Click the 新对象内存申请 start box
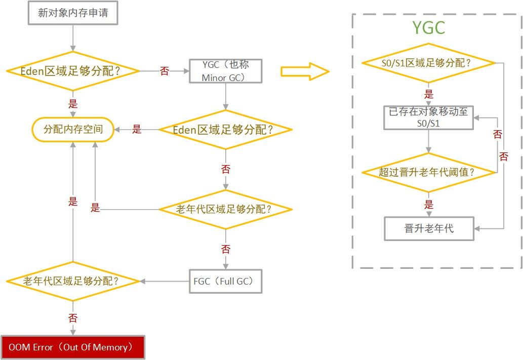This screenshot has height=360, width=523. [x=73, y=13]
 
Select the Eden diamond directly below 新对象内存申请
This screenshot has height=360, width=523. [x=73, y=71]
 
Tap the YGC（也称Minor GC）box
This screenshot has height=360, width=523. [x=225, y=71]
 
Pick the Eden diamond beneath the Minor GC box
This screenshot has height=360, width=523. [x=225, y=130]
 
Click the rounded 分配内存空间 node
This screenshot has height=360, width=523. [x=73, y=129]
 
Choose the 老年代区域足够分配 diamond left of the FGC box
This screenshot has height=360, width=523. [x=73, y=281]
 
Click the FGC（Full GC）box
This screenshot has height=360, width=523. [x=225, y=281]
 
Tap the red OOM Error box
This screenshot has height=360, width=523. [x=73, y=347]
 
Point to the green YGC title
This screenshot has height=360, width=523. [x=428, y=28]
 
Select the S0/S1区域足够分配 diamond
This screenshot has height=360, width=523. [x=428, y=63]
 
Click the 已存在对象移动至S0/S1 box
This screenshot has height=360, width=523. [x=428, y=117]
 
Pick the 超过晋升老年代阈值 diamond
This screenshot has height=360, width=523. [x=428, y=172]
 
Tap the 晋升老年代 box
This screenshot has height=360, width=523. [x=428, y=228]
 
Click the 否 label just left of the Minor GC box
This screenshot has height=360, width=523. [x=165, y=71]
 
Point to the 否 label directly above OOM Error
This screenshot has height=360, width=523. [x=73, y=318]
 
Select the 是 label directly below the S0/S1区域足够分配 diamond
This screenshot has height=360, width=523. [x=429, y=94]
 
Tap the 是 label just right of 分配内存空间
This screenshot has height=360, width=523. [x=137, y=129]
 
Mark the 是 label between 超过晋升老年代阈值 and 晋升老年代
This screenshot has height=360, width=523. [x=429, y=205]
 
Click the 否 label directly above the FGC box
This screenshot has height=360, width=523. [x=225, y=249]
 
